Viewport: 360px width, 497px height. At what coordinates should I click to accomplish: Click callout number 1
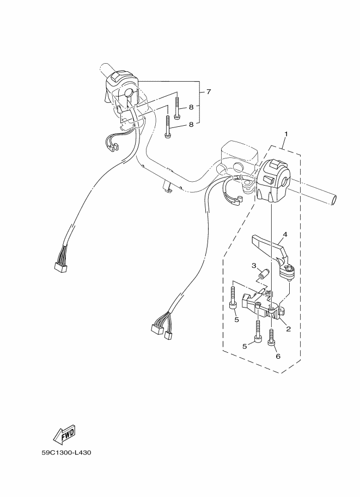(286, 134)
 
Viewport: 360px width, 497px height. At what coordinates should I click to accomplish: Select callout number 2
(288, 329)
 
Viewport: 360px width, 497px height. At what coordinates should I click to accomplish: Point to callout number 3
(254, 266)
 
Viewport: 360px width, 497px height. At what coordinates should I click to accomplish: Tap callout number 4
(285, 235)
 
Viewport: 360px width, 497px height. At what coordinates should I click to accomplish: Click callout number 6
(278, 356)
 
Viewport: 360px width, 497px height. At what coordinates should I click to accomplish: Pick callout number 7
(209, 92)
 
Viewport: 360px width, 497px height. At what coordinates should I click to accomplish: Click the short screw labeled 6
(271, 338)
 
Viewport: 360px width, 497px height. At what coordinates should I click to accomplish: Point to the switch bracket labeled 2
(261, 305)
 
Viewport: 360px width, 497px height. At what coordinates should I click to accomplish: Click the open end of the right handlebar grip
(334, 200)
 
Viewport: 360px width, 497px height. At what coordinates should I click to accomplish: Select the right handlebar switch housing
(273, 180)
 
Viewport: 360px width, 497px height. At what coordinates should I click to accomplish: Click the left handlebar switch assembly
(122, 92)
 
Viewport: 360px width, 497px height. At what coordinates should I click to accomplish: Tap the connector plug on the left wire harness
(60, 267)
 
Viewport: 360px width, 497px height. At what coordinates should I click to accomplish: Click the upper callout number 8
(191, 107)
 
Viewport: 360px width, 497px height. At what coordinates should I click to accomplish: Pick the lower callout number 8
(191, 125)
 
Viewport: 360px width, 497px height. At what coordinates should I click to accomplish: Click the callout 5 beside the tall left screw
(236, 320)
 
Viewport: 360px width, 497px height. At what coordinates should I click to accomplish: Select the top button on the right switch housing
(274, 164)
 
